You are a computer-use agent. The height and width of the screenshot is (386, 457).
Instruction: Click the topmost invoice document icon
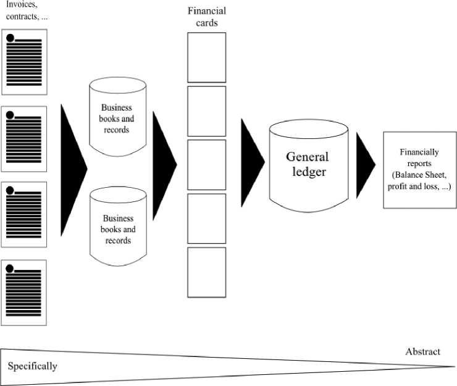(x=24, y=62)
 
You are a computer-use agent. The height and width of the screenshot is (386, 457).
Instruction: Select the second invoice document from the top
(x=24, y=138)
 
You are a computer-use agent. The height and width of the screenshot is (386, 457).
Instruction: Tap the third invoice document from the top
(x=24, y=214)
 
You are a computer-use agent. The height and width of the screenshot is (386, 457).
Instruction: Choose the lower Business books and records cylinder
(x=117, y=225)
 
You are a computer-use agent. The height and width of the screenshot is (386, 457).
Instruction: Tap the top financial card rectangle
(x=206, y=57)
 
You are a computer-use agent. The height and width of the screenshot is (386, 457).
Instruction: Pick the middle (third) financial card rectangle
(x=206, y=164)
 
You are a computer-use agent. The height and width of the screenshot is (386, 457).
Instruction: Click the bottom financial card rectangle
(x=206, y=272)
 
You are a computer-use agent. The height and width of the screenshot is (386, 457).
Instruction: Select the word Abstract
(x=422, y=352)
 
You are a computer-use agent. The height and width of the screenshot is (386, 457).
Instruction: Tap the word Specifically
(x=33, y=366)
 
